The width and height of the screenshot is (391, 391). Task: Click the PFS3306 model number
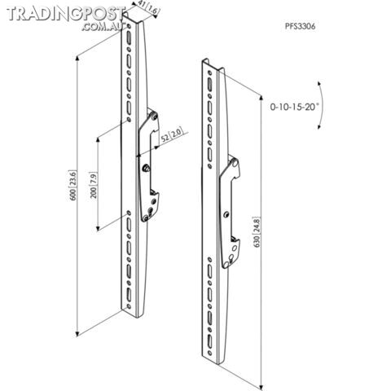coord(300,26)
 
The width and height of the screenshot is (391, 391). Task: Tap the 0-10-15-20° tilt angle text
coord(293,107)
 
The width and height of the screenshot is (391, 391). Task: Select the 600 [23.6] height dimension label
coord(73,185)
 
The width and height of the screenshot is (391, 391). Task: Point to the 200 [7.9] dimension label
coord(94,185)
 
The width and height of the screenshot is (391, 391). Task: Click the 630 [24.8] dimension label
coord(257,232)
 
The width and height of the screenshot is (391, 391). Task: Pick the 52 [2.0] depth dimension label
coord(173,134)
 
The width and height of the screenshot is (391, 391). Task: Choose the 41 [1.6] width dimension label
coord(148,9)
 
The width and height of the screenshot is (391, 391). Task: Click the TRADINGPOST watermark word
coord(65,14)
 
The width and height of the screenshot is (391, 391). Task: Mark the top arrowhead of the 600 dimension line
coord(77,57)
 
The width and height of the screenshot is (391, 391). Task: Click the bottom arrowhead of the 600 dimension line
coord(77,335)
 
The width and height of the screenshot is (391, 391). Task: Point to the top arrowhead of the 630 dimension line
coord(261,98)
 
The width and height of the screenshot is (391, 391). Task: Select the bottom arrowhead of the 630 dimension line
coord(261,388)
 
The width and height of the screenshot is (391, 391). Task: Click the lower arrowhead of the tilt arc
coord(320,127)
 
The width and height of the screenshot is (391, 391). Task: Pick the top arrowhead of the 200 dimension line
coord(98,139)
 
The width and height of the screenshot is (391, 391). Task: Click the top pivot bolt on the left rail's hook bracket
coord(155,116)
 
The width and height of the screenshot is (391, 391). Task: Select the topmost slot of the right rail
coord(210,83)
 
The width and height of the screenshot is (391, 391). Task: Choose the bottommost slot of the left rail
coord(129,295)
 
